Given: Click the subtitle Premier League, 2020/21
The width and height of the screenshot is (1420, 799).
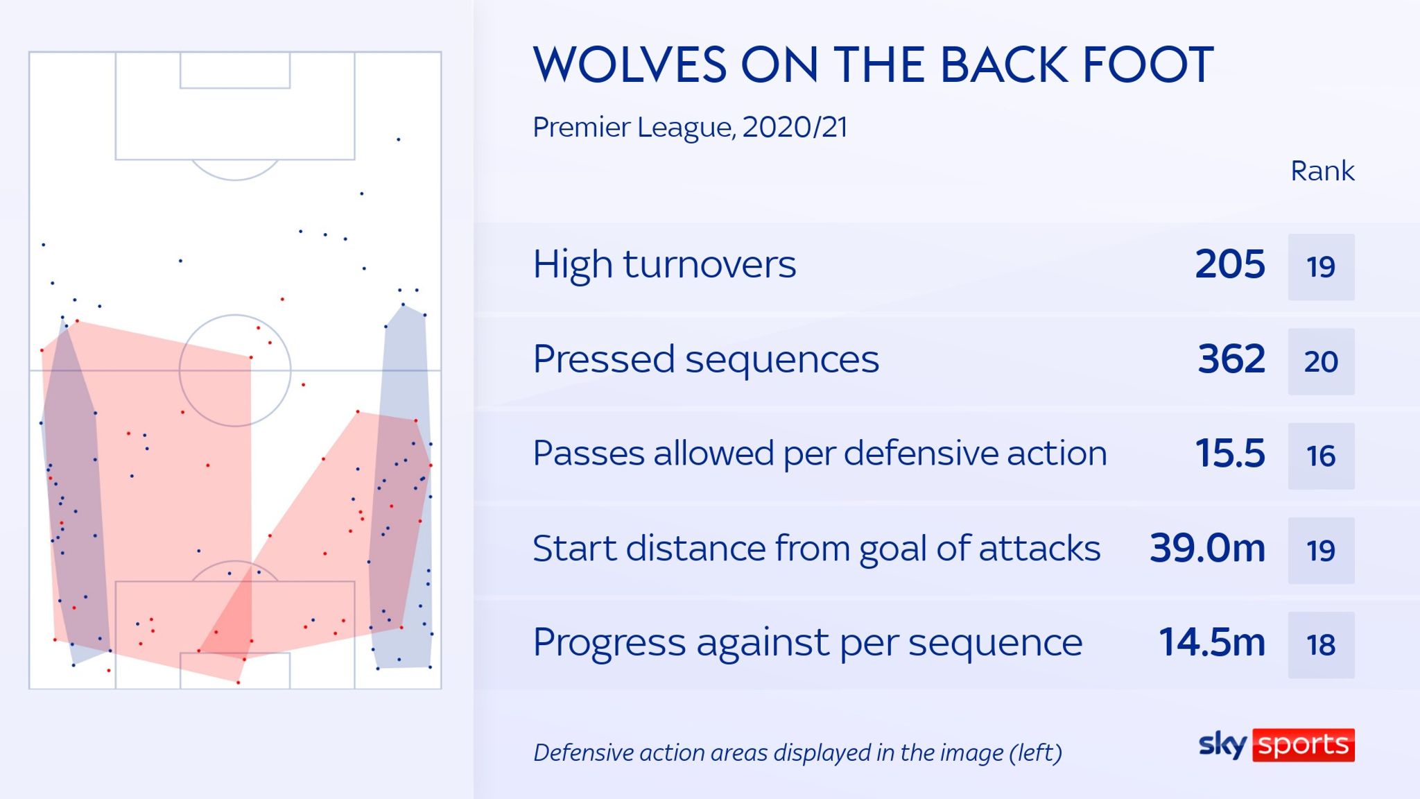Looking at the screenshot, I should (690, 128).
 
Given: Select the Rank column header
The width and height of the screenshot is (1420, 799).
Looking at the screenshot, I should (1322, 171).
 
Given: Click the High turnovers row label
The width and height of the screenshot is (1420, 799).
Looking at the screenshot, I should (664, 265).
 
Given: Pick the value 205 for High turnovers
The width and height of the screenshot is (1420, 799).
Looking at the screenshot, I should (1230, 265).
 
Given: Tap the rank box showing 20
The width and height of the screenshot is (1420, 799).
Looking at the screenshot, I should (1321, 361).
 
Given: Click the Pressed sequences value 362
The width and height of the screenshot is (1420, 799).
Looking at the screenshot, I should (1231, 359).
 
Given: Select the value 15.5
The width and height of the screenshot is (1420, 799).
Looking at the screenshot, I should (1230, 454).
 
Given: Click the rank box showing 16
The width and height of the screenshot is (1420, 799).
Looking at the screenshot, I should (1321, 456).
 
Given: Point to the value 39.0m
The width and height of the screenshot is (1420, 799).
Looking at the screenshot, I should (1207, 549).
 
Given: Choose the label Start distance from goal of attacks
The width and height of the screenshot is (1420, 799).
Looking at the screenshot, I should (816, 549).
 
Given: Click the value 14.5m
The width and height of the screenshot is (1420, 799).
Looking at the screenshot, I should (1211, 643).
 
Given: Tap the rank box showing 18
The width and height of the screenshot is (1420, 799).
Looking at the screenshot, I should (1321, 645).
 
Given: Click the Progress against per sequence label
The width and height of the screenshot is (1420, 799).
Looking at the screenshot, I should (807, 643).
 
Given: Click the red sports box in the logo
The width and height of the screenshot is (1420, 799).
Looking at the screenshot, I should (1303, 745).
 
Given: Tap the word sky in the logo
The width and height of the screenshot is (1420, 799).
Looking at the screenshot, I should (1222, 745).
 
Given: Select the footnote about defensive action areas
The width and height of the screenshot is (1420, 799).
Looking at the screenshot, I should (797, 753).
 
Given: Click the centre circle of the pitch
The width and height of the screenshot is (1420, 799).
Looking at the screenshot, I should (235, 370).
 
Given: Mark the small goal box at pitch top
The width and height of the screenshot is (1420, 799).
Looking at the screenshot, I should (235, 70).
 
